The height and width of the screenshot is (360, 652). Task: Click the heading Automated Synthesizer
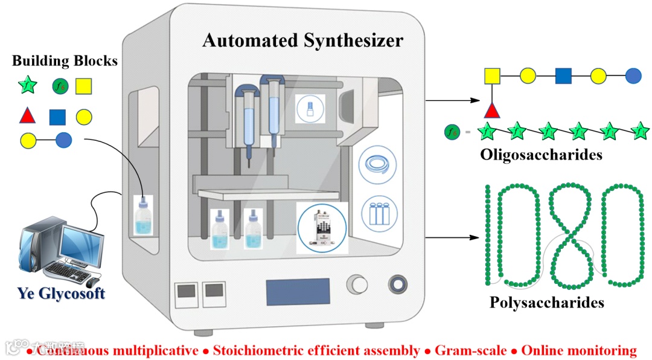coord(302,40)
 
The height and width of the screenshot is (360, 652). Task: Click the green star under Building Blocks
coord(28,86)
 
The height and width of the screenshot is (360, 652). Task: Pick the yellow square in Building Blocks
coord(84,86)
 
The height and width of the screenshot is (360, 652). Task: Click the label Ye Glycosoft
coord(61,294)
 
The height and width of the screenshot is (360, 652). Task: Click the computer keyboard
coord(66,272)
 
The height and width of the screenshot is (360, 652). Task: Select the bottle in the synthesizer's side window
coord(144,216)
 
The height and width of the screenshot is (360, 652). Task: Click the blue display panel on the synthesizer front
coord(298,291)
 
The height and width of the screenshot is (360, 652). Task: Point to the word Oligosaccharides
coord(541,154)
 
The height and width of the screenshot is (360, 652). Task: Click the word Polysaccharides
coord(547,301)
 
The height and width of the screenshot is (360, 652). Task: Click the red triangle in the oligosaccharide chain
coord(492,110)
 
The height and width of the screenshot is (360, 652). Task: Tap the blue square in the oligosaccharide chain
coord(563,76)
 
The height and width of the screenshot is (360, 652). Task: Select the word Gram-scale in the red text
coord(471,350)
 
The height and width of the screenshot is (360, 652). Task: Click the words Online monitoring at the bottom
coord(578,350)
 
